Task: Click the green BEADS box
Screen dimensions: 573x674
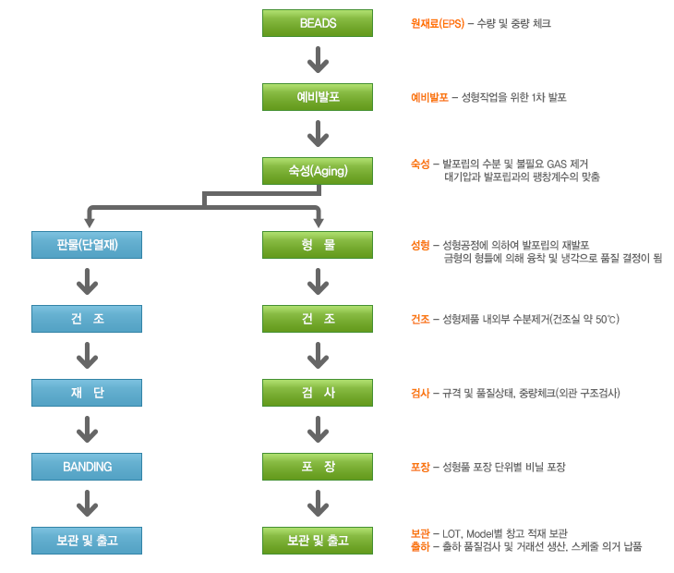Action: tap(318, 23)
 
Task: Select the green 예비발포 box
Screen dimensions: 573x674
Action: tap(318, 97)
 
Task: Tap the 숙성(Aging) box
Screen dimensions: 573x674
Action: tap(318, 171)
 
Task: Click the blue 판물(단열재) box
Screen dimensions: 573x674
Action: tap(87, 245)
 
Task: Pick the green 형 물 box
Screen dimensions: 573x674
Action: tap(318, 245)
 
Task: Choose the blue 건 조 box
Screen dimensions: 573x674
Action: tap(87, 319)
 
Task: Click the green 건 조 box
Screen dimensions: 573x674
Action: tap(318, 319)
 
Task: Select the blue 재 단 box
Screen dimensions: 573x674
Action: tap(87, 393)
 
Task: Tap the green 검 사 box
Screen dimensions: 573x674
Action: tap(318, 393)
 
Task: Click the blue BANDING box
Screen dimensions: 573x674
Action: tap(87, 467)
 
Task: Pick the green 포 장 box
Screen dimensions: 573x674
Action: tap(318, 467)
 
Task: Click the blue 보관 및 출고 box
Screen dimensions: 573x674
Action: tap(87, 540)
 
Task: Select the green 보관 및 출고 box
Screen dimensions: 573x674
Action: tap(318, 540)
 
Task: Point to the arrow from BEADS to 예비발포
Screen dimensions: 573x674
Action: tap(318, 60)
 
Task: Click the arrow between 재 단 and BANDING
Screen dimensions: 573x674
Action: tap(87, 430)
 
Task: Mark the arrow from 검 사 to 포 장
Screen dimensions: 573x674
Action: tap(318, 430)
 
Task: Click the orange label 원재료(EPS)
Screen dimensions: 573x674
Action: tap(438, 23)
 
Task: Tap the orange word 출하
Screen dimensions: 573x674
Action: tap(420, 547)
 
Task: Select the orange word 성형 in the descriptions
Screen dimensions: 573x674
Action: tap(420, 245)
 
